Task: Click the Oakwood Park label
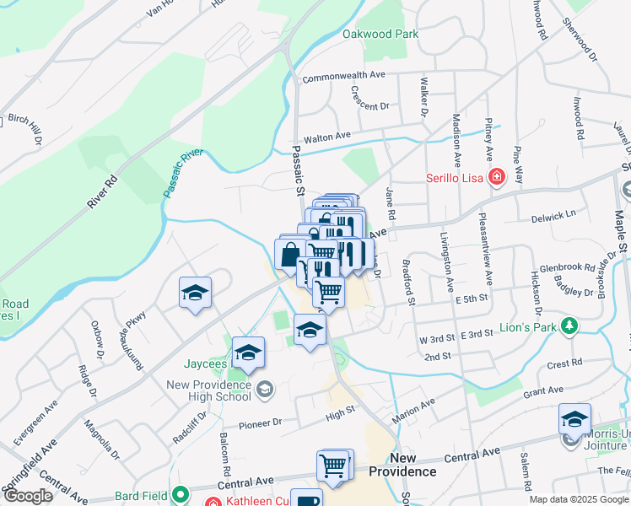[x=380, y=35]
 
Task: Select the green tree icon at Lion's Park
[x=571, y=326]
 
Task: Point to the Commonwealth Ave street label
[x=343, y=76]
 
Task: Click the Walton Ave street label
[x=326, y=137]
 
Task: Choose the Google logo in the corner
[x=29, y=496]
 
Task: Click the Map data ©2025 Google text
[x=578, y=500]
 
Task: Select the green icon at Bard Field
[x=179, y=493]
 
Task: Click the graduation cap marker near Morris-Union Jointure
[x=575, y=419]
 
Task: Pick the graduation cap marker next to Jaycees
[x=249, y=353]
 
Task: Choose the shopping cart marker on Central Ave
[x=332, y=465]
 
